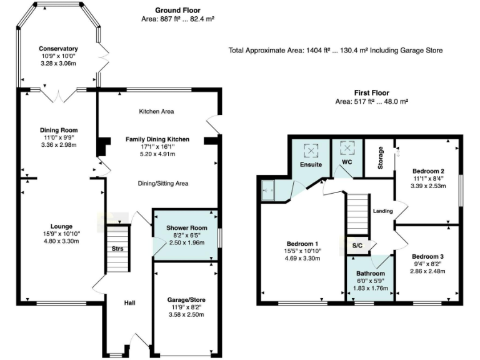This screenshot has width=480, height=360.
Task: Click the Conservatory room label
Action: pos(57,49)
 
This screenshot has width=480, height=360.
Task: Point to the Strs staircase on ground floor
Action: pos(117,249)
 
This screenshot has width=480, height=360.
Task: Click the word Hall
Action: pos(129,302)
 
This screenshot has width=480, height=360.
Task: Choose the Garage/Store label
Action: pos(187,300)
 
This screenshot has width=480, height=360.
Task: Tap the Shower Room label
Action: pos(186,227)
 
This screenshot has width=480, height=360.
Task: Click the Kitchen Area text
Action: pos(156,112)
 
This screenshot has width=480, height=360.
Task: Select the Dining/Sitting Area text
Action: pos(162,183)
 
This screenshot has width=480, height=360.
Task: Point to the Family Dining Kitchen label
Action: pos(157,139)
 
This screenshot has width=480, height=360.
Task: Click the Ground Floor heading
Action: pos(178,11)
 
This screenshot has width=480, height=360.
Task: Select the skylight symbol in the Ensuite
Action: pos(311,150)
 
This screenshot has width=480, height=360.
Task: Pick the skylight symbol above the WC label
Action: pos(347,148)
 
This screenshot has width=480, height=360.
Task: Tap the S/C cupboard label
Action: pos(358,245)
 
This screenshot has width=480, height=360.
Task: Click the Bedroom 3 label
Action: pos(428,256)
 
